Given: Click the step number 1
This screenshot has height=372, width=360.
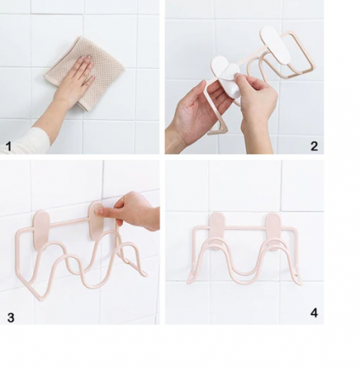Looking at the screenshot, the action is (x=8, y=146).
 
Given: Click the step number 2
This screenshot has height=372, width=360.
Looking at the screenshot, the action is (x=314, y=146).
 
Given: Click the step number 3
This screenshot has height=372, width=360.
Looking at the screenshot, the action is (x=11, y=317).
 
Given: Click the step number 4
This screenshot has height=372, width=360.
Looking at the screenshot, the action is (x=314, y=312).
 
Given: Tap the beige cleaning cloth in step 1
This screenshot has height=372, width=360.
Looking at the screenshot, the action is (x=85, y=73).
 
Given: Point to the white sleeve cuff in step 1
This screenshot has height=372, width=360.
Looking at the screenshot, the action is (x=25, y=141).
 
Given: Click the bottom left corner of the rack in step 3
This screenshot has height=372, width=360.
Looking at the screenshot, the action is (x=40, y=298).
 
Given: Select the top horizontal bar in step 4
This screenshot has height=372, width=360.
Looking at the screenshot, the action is (x=245, y=228).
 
